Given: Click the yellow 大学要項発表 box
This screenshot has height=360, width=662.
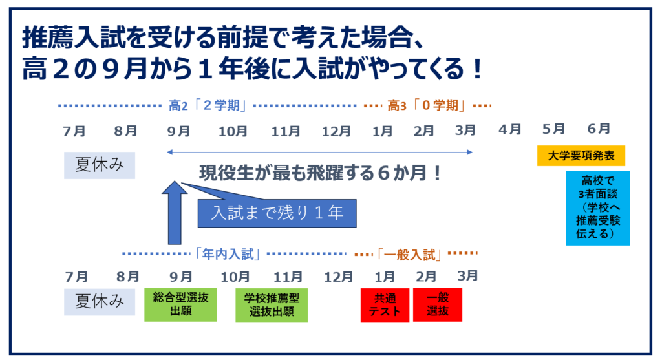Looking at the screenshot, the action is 581,156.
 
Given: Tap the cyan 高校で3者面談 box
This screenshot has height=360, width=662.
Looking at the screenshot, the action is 598,208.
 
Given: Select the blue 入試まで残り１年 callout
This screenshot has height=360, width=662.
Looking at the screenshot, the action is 277,213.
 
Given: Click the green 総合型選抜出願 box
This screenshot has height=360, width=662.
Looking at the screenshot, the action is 181,304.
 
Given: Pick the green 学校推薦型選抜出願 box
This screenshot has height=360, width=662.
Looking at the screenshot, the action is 272,305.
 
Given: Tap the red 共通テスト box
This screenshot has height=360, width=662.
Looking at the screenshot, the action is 385,305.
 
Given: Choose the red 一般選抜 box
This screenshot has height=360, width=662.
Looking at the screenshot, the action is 438,304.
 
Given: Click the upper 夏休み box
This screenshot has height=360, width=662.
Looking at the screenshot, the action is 100,165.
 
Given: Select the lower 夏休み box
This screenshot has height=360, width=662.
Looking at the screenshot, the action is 100,302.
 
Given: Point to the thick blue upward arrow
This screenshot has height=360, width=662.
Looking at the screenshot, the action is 175,213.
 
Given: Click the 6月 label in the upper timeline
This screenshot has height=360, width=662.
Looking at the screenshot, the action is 599,129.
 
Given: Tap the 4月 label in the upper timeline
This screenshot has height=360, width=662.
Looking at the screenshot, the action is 510,129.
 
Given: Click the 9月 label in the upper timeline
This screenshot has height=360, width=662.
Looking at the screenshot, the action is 178,131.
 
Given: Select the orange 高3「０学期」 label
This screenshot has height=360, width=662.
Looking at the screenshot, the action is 427,105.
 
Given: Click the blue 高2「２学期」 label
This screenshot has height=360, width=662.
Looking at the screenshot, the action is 208,105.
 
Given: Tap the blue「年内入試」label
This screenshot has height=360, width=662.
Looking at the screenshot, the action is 228,254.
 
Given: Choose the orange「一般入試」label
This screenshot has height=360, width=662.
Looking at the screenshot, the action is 409,255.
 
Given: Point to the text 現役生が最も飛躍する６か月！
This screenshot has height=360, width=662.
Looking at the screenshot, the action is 320,173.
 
